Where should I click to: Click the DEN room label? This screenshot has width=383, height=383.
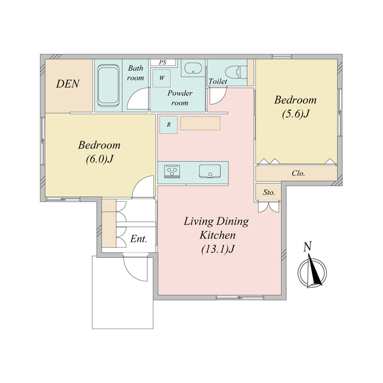tap(68, 84)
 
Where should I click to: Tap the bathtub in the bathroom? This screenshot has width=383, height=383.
tap(108, 85)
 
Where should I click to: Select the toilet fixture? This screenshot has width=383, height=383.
tap(236, 72)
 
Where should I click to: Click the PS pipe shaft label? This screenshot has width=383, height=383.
tap(163, 62)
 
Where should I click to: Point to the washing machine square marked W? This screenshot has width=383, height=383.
tap(162, 78)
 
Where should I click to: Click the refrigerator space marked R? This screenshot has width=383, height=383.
tap(169, 125)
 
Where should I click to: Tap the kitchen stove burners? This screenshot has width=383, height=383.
tap(172, 171)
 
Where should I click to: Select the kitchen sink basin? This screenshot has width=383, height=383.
tap(210, 171)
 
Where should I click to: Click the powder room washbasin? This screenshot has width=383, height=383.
tap(193, 68)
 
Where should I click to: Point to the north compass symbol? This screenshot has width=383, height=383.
tap(312, 272)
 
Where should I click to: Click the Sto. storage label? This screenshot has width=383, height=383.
tap(269, 193)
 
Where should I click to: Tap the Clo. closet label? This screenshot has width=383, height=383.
tap(298, 174)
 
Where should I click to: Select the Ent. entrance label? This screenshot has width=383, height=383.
tap(138, 239)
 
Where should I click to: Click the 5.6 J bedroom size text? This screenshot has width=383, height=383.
tap(296, 114)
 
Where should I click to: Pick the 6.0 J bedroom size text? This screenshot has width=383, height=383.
tap(99, 159)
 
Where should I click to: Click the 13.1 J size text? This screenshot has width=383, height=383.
tap(218, 249)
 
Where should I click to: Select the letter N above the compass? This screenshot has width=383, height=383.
tap(308, 247)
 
